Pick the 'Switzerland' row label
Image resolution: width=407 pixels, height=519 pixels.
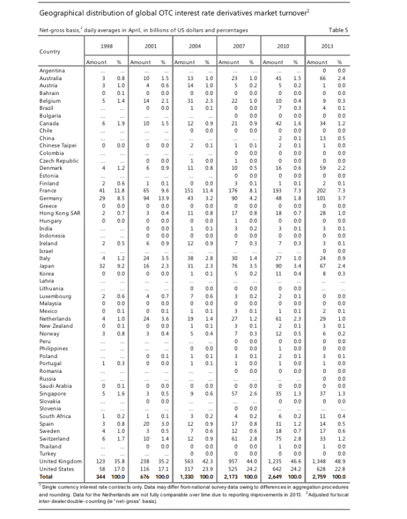tap(55, 439)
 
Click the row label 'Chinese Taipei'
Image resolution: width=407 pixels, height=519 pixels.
tap(58, 146)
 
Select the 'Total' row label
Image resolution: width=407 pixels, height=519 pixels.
tap(47, 476)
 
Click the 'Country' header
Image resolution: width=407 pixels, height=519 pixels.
tap(50, 51)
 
